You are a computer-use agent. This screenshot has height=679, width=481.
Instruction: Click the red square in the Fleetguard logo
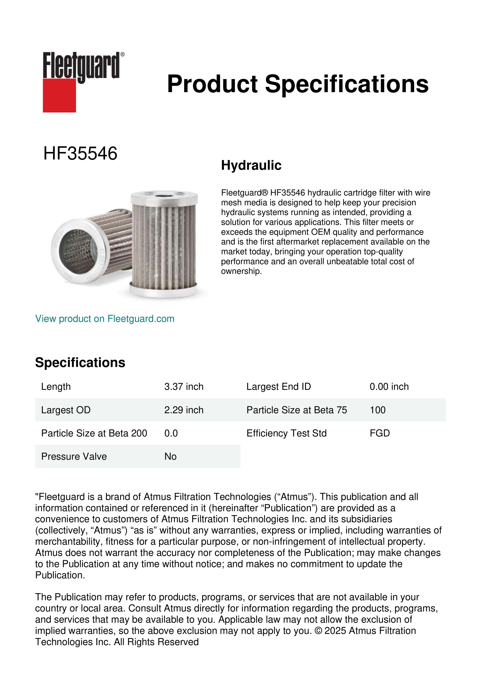pos(59,95)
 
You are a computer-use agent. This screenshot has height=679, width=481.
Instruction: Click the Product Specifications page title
pos(298,84)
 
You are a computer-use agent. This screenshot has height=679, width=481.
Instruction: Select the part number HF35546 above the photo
pos(80,153)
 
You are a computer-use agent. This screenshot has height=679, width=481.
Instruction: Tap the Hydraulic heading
pos(251,165)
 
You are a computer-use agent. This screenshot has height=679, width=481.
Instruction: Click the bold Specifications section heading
pos(80,363)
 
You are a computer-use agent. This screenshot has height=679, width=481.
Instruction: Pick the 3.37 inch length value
pos(184,387)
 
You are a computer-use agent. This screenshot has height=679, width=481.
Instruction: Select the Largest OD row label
pos(66,410)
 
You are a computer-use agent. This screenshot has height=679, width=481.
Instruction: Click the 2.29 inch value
pos(184,410)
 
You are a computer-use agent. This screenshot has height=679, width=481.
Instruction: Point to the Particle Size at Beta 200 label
pos(94,433)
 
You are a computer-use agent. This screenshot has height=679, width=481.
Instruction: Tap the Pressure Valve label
pos(74,457)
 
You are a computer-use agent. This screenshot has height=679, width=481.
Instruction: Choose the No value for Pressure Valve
pos(170,457)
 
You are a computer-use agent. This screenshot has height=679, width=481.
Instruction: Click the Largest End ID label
pos(278,387)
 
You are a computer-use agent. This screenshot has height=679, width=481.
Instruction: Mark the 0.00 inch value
pos(389,387)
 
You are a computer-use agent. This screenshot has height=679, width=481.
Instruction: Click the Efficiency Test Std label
pos(286,433)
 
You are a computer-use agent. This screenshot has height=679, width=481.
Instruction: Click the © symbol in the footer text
pos(318,631)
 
